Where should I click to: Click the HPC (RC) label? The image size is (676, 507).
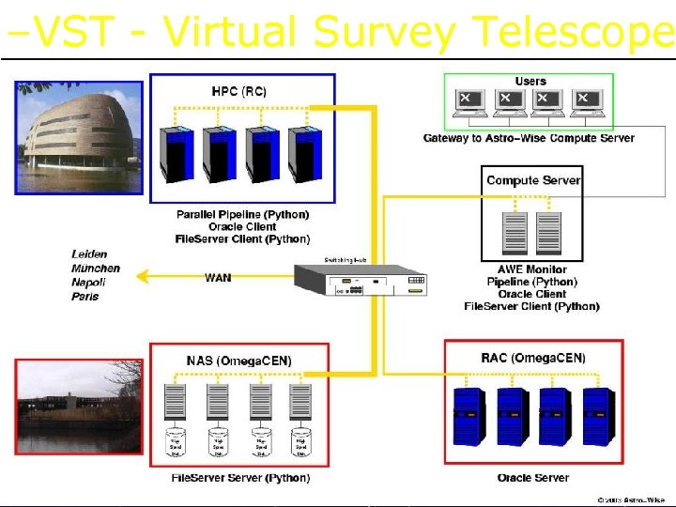pyautogui.click(x=238, y=91)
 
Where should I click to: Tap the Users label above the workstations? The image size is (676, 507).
pyautogui.click(x=530, y=82)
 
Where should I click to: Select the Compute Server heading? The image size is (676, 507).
pyautogui.click(x=532, y=180)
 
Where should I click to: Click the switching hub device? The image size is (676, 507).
pyautogui.click(x=361, y=279)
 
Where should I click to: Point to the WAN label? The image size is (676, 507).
pyautogui.click(x=218, y=277)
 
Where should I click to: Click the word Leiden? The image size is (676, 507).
pyautogui.click(x=89, y=253)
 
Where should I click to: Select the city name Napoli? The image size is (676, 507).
pyautogui.click(x=88, y=282)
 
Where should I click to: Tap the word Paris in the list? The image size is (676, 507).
pyautogui.click(x=84, y=297)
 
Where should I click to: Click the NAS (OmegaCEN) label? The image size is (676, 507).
pyautogui.click(x=239, y=361)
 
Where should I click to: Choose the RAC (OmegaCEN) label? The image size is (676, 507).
pyautogui.click(x=532, y=358)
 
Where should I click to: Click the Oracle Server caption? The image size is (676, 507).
pyautogui.click(x=532, y=478)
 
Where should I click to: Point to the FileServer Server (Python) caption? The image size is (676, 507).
pyautogui.click(x=240, y=478)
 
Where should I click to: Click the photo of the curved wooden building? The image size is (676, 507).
pyautogui.click(x=78, y=136)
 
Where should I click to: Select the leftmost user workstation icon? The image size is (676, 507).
pyautogui.click(x=467, y=102)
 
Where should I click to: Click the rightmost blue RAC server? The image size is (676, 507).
pyautogui.click(x=596, y=417)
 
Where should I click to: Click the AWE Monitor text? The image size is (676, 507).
pyautogui.click(x=531, y=269)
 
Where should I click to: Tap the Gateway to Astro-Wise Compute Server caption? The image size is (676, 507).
pyautogui.click(x=529, y=138)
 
